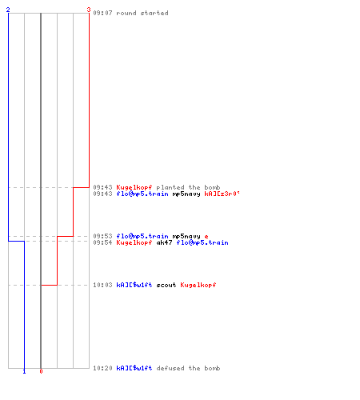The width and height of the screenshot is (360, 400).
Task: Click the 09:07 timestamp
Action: click(x=102, y=13)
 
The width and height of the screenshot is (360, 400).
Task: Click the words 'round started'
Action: click(x=142, y=13)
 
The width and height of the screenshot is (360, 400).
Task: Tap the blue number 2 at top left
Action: click(x=8, y=10)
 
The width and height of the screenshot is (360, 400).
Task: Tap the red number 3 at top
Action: click(x=89, y=10)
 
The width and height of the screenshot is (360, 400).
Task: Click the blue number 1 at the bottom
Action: click(x=24, y=371)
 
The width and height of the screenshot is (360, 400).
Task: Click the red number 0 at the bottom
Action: click(x=41, y=371)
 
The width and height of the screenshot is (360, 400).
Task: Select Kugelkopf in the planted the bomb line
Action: click(x=134, y=187)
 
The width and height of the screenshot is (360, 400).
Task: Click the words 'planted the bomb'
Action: click(x=188, y=187)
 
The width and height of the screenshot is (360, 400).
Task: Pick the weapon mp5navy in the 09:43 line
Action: click(x=186, y=194)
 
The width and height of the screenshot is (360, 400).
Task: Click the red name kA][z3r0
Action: click(x=222, y=194)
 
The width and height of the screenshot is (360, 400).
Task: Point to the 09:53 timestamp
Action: click(x=102, y=236)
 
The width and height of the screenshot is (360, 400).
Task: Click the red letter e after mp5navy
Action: click(x=206, y=236)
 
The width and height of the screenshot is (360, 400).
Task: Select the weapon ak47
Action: click(x=164, y=242)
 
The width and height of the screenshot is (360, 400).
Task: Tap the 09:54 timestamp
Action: click(x=102, y=242)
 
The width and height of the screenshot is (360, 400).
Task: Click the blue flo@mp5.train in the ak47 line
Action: click(x=202, y=242)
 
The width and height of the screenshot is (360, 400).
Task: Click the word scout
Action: click(x=166, y=285)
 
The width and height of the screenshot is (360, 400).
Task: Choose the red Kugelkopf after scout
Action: click(x=198, y=285)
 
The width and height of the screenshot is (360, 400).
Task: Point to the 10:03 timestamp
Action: click(x=102, y=285)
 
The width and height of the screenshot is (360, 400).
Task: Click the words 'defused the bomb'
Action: click(x=188, y=368)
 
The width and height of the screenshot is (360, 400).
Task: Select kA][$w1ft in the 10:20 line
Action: click(x=134, y=368)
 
